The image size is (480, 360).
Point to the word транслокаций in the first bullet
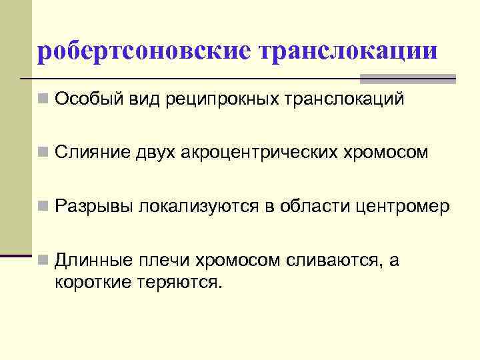click(344, 100)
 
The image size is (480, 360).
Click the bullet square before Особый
click(43, 101)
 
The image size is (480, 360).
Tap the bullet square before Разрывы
click(43, 207)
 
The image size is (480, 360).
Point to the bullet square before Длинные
click(43, 261)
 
